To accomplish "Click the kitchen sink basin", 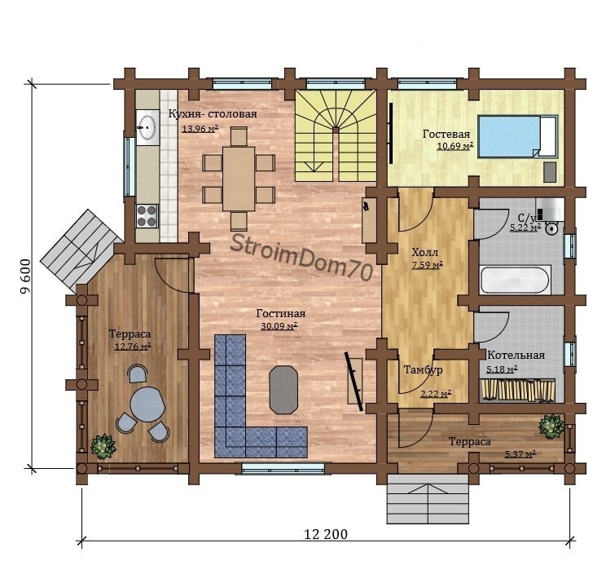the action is pyautogui.click(x=147, y=125).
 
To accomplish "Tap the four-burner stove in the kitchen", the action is pyautogui.click(x=147, y=216).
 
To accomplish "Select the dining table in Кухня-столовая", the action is pyautogui.click(x=239, y=179).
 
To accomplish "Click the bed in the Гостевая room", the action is pyautogui.click(x=518, y=137).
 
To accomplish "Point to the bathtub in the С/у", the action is pyautogui.click(x=514, y=280).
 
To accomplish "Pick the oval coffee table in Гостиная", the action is pyautogui.click(x=283, y=390).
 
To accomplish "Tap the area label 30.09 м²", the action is pyautogui.click(x=279, y=325).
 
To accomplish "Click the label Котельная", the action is pyautogui.click(x=516, y=356).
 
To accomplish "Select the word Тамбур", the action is pyautogui.click(x=424, y=369).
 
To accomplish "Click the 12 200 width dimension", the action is pyautogui.click(x=326, y=534).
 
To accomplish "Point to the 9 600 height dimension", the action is pyautogui.click(x=25, y=276).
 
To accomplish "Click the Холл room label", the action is pyautogui.click(x=424, y=252).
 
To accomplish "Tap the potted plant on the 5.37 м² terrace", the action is pyautogui.click(x=551, y=426).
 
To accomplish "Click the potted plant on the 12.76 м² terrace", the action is pyautogui.click(x=103, y=446).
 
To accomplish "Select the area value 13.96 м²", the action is pyautogui.click(x=200, y=128).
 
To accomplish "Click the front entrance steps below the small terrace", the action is pyautogui.click(x=428, y=498).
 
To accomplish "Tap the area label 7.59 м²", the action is pyautogui.click(x=427, y=265).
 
